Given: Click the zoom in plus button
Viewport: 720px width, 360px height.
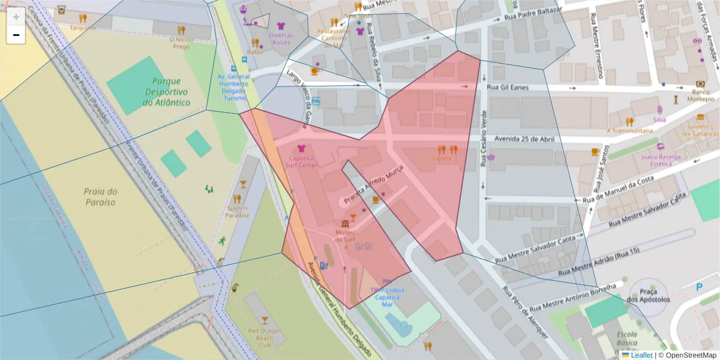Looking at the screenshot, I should pyautogui.click(x=16, y=17).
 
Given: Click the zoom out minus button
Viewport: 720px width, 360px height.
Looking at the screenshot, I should pyautogui.click(x=16, y=35).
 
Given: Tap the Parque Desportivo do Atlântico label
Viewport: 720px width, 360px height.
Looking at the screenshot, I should pyautogui.click(x=166, y=92).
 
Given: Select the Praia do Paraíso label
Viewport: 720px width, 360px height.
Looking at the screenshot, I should pyautogui.click(x=100, y=197).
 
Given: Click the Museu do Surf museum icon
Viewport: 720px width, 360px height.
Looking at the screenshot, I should pyautogui.click(x=344, y=224).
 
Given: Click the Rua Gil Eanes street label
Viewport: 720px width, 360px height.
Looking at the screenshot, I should pyautogui.click(x=510, y=88).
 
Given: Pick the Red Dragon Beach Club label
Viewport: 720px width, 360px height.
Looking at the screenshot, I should pyautogui.click(x=265, y=338).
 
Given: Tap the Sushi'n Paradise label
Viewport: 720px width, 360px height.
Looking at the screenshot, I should pyautogui.click(x=237, y=211).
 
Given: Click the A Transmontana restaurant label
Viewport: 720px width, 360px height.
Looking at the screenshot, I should pyautogui.click(x=629, y=130).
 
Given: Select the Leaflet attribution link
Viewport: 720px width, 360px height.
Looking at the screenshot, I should pyautogui.click(x=641, y=355).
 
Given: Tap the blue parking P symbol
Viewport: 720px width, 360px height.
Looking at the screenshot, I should pyautogui.click(x=699, y=287).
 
